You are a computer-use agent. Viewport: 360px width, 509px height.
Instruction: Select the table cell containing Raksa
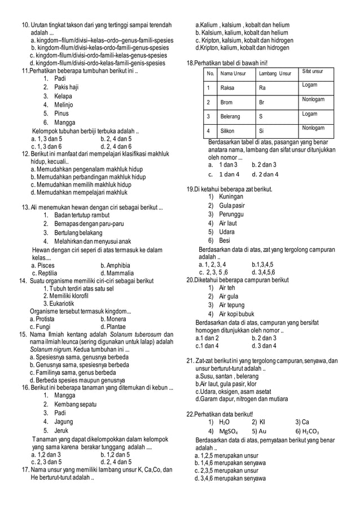pyautogui.click(x=227, y=88)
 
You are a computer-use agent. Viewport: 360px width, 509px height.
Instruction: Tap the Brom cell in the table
pyautogui.click(x=226, y=103)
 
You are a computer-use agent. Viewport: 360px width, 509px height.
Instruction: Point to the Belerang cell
pyautogui.click(x=230, y=117)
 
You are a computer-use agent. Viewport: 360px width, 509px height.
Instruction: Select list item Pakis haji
pyautogui.click(x=66, y=87)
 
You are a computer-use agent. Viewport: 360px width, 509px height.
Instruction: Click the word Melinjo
pyautogui.click(x=64, y=104)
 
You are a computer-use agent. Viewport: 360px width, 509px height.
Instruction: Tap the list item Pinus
pyautogui.click(x=62, y=113)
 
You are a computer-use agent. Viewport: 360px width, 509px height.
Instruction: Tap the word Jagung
pyautogui.click(x=64, y=422)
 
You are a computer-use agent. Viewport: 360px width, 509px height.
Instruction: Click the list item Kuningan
pyautogui.click(x=231, y=196)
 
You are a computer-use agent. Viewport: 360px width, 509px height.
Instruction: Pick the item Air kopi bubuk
pyautogui.click(x=236, y=314)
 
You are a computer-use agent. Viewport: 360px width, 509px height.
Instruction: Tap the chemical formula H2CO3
pyautogui.click(x=307, y=432)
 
